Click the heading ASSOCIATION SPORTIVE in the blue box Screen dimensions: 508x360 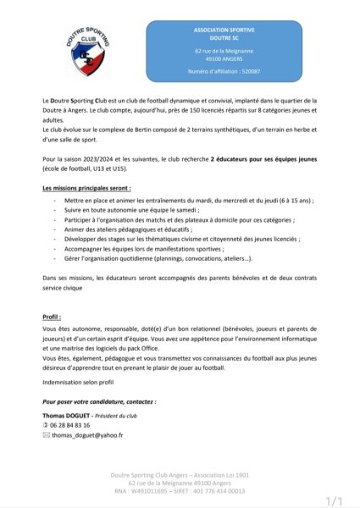click(x=224, y=29)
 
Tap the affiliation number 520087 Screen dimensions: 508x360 click(x=246, y=72)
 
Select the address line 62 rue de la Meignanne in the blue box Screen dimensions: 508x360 click(x=224, y=51)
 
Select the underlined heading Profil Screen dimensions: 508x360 click(x=52, y=316)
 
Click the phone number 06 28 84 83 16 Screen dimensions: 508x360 click(x=69, y=425)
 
